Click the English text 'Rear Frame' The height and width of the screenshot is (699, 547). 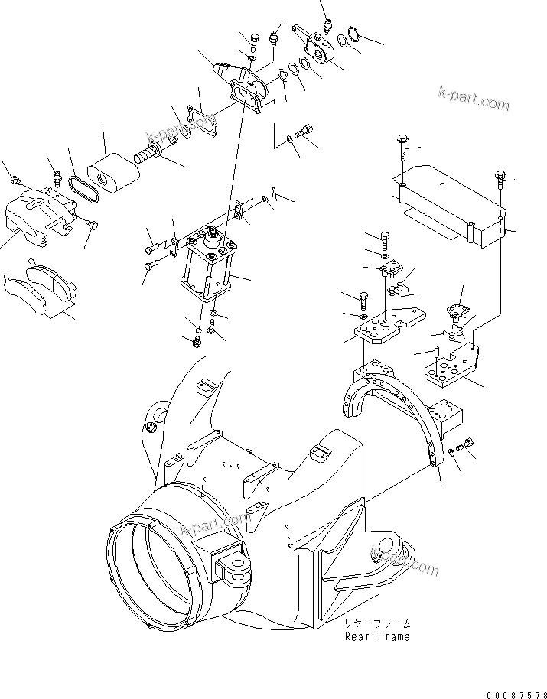[x=376, y=636]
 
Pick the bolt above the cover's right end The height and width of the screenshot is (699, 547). [x=500, y=177]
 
